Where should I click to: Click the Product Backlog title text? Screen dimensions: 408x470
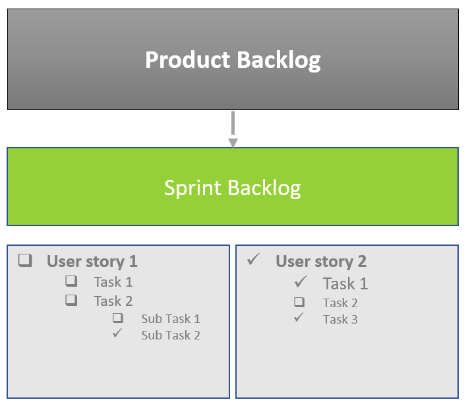click(233, 60)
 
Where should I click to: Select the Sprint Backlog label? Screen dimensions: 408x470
click(233, 188)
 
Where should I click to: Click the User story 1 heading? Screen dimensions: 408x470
click(92, 261)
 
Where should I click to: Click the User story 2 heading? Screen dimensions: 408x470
click(320, 261)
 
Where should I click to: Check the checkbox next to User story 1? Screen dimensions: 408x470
click(25, 260)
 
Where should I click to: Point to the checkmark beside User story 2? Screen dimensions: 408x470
click(253, 260)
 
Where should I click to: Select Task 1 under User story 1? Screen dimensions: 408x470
click(113, 282)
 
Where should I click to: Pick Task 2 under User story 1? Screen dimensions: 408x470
click(113, 301)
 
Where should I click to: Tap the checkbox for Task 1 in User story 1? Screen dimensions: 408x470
click(71, 281)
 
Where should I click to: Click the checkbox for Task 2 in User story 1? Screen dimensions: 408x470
click(71, 301)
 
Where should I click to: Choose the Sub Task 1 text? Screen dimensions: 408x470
click(170, 319)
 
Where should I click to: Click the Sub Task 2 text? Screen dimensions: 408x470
click(170, 335)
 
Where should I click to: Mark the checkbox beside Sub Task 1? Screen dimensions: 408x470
click(118, 318)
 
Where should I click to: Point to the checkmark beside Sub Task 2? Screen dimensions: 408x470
click(118, 334)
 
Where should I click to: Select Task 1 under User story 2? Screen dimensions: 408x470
click(345, 284)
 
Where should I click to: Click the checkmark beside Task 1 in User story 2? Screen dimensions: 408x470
click(301, 283)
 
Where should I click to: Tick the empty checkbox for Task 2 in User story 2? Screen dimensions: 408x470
click(299, 303)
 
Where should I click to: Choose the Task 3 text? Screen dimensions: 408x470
click(340, 320)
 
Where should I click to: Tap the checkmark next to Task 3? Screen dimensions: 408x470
click(299, 318)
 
